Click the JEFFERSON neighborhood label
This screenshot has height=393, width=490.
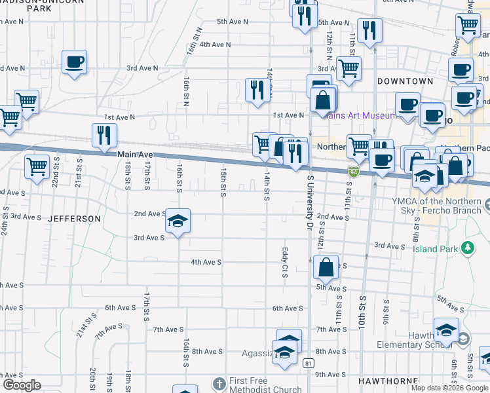point(74,218)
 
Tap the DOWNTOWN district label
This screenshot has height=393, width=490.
point(405,81)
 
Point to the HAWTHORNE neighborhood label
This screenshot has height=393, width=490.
point(386,381)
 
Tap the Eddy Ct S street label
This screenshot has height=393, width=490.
point(285,262)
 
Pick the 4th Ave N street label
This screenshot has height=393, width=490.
point(216,45)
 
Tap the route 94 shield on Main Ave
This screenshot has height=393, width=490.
point(354,172)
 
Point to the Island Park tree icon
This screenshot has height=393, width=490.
point(468,248)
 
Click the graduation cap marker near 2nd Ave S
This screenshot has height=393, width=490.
point(178,221)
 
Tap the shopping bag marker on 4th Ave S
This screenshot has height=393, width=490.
point(326,267)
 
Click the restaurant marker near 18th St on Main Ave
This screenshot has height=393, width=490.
point(104,136)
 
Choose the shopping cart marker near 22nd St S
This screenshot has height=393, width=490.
point(37,166)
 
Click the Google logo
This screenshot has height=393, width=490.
point(22,385)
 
